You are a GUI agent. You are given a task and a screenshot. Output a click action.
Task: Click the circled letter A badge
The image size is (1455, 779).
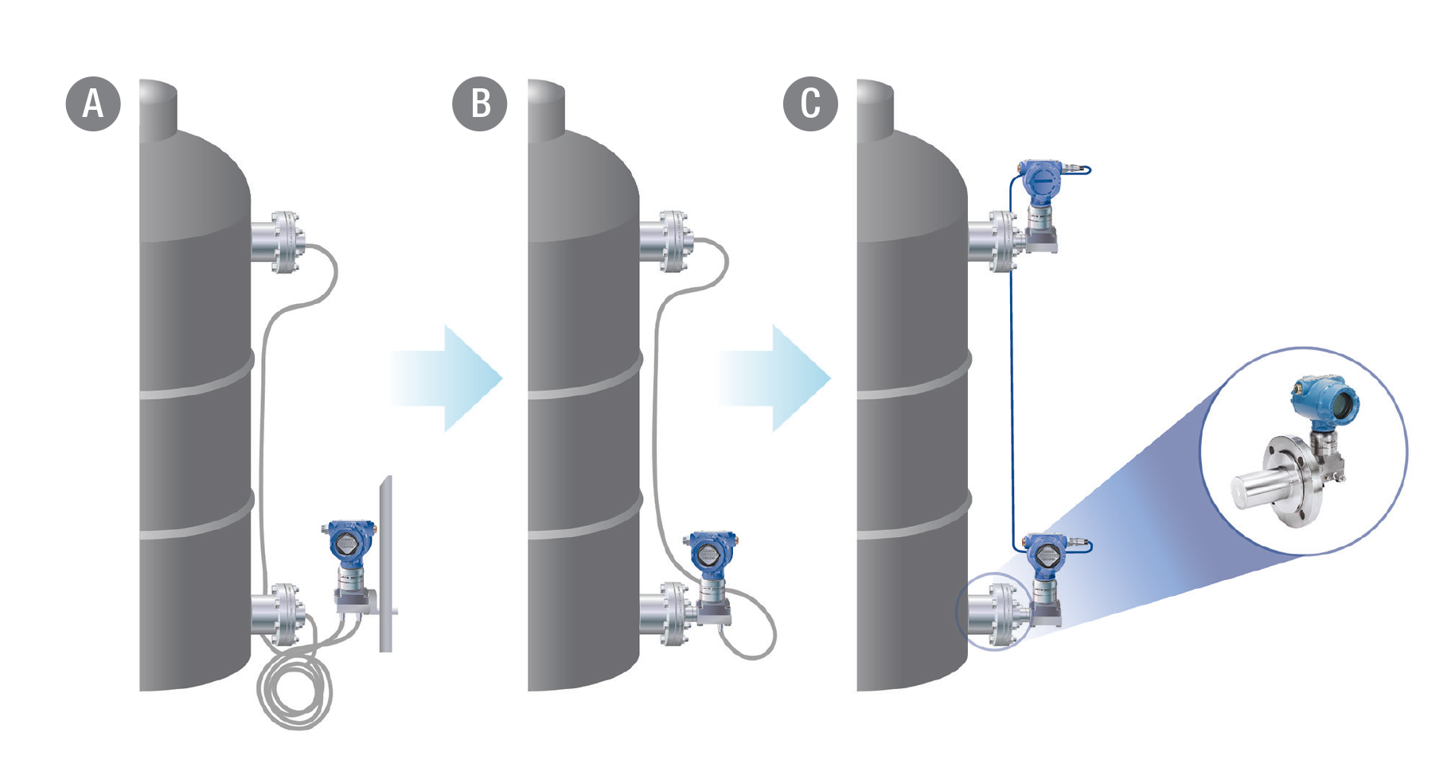(x=93, y=103)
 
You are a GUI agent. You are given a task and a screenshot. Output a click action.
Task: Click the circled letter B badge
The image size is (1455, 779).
(x=480, y=103)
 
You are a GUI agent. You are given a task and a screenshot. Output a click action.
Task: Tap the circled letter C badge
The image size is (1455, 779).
(x=810, y=103)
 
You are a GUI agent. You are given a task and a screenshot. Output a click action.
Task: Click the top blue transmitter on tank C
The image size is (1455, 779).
(x=1040, y=181)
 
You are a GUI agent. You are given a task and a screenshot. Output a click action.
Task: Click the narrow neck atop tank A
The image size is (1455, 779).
(x=158, y=103)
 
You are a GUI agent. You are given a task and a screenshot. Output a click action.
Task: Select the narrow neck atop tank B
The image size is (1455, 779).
(x=546, y=103)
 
